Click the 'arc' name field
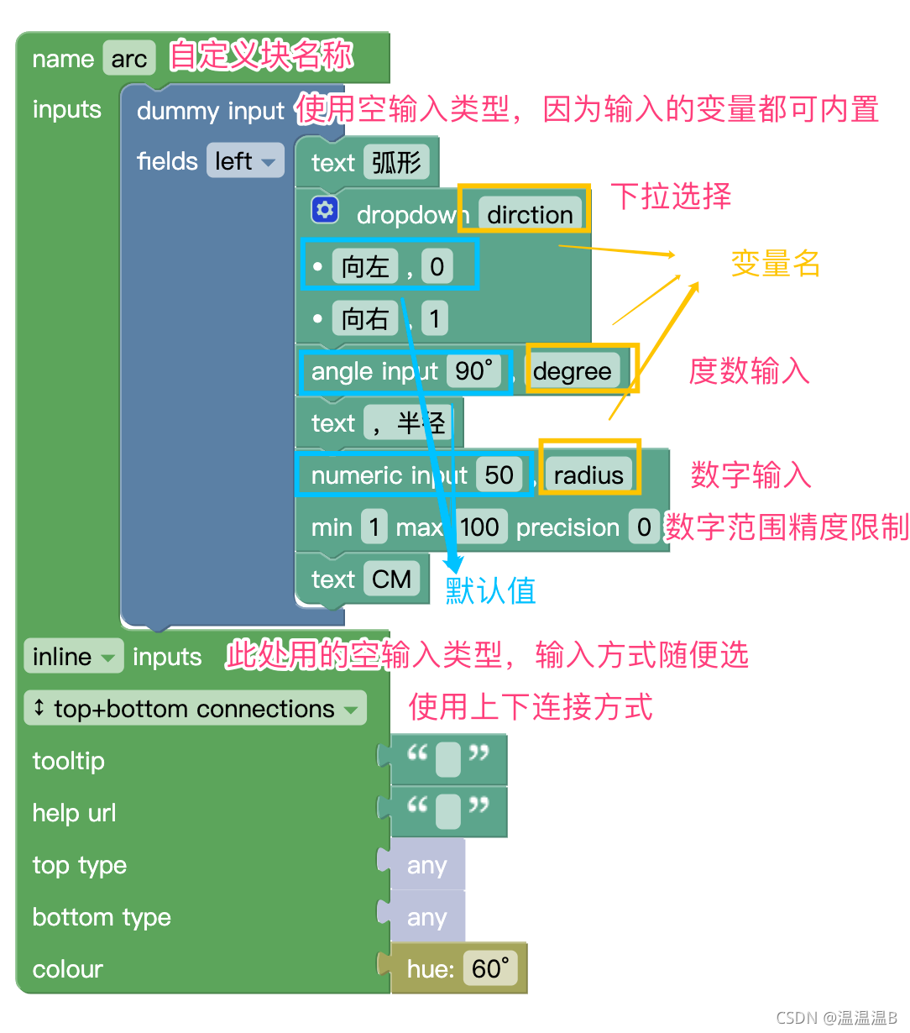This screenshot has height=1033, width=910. coord(129,59)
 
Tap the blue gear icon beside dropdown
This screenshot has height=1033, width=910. coord(325,210)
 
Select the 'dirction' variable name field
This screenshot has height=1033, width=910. coord(530,215)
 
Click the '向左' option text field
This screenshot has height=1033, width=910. coord(365,267)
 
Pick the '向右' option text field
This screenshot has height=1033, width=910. coord(365,319)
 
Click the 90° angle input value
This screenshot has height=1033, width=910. coord(474,371)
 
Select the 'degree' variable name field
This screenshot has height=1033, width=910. coord(573,371)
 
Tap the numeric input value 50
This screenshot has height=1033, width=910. coord(499,475)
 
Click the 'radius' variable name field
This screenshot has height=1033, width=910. coord(588,475)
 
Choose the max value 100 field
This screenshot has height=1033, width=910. coord(479,527)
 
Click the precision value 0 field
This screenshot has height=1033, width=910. coord(644,527)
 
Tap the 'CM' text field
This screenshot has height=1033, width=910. coord(391,579)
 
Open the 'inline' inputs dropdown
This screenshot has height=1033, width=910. coord(73,657)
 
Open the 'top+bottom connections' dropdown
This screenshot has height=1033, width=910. coord(196,709)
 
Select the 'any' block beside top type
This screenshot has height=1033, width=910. coord(426,866)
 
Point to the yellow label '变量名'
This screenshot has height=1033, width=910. coord(775,264)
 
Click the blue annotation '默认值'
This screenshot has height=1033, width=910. coord(490,591)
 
